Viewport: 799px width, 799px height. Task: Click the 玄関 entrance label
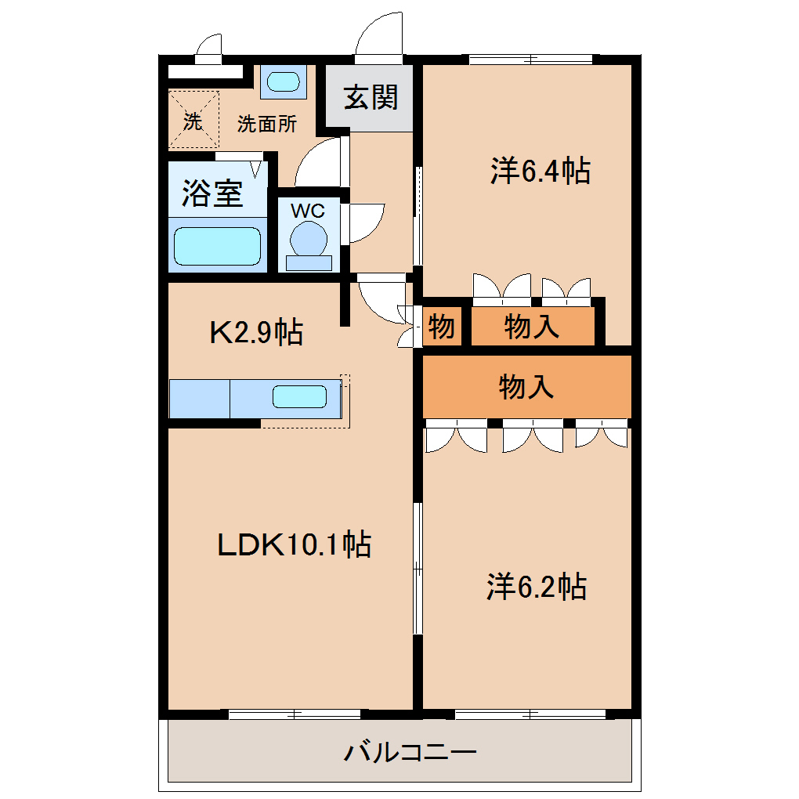(371, 97)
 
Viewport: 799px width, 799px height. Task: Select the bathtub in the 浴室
(218, 246)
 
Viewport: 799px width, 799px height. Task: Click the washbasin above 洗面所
(284, 81)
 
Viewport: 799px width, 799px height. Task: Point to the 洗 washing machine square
(193, 120)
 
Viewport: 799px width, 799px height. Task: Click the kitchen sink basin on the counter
(299, 397)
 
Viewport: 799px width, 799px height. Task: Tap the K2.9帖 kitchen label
(256, 332)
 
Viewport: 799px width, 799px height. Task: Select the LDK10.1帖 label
(294, 544)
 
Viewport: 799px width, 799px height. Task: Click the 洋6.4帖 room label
(540, 171)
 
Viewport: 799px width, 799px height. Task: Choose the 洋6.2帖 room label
(537, 586)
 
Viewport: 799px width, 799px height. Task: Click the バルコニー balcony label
(410, 752)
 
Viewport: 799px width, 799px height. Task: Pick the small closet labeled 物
(442, 326)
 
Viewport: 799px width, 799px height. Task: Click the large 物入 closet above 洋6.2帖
(527, 387)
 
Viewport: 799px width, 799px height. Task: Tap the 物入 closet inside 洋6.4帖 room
(533, 326)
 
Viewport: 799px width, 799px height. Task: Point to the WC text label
(308, 211)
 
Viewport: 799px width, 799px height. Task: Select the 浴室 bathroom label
(212, 193)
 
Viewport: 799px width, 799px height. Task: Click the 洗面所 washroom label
(267, 124)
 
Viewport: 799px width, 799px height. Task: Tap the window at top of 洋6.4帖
(531, 60)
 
